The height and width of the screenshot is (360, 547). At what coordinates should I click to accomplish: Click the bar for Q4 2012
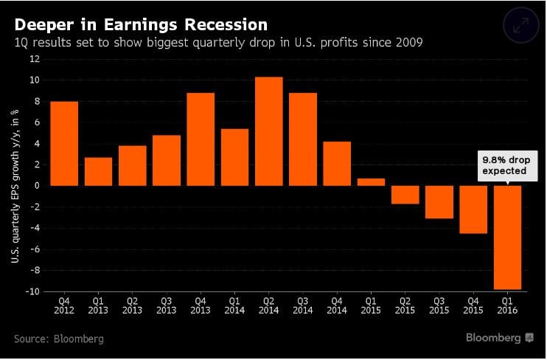(x=63, y=143)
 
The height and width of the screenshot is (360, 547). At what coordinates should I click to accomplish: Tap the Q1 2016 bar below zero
(x=507, y=237)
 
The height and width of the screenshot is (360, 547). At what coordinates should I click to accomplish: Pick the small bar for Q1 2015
(x=371, y=181)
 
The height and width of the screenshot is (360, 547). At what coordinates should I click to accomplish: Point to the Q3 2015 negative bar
(x=439, y=201)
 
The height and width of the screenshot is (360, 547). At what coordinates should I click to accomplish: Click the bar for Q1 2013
(x=98, y=171)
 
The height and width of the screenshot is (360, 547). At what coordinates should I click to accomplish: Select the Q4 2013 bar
(x=201, y=139)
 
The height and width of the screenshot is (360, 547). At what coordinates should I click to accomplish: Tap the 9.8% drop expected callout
(x=505, y=165)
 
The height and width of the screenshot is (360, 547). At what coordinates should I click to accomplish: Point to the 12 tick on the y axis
(x=34, y=58)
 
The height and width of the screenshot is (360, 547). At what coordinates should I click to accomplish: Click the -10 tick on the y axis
(x=32, y=291)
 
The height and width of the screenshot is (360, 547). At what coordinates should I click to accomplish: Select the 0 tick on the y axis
(x=36, y=185)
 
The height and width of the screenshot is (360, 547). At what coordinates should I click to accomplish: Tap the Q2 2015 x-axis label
(x=405, y=305)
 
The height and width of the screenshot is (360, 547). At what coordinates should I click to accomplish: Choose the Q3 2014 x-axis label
(x=302, y=305)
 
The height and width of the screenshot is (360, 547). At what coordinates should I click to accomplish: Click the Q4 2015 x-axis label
(x=473, y=305)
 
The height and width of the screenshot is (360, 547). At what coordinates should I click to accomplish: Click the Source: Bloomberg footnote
(x=58, y=339)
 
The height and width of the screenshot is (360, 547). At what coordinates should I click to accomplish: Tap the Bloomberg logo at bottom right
(x=498, y=338)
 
